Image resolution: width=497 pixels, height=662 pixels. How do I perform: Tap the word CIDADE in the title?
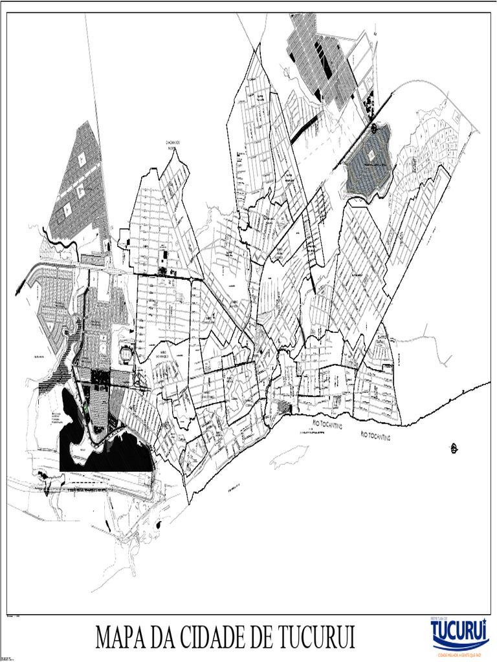click(x=214, y=637)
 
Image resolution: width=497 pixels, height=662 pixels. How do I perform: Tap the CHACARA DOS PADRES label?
click(x=173, y=144)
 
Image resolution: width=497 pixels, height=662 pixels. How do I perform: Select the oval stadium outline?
click(x=126, y=353)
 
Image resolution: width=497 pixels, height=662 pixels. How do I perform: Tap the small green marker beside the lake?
click(x=85, y=409)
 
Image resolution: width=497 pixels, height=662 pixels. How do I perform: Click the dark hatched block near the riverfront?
click(x=283, y=407)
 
